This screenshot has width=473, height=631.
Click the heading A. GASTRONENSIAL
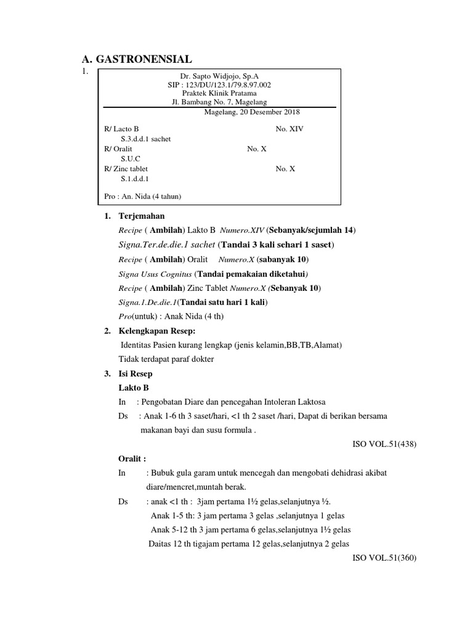[x=137, y=59]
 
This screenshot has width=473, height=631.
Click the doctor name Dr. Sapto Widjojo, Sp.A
[x=219, y=75]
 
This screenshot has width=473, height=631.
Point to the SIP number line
[x=219, y=84]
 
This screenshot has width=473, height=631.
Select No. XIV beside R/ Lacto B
[x=289, y=129]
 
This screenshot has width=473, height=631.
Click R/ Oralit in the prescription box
[x=118, y=149]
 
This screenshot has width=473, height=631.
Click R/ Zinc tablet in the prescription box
[x=126, y=168]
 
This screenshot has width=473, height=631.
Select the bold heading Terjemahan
[x=141, y=216]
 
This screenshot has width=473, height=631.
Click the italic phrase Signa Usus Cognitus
[x=155, y=273]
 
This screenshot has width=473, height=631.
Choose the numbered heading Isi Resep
[x=135, y=373]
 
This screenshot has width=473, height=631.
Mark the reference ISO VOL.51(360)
[x=384, y=558]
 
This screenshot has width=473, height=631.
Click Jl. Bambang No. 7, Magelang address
[x=219, y=102]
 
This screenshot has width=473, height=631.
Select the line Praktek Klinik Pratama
[x=219, y=93]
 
